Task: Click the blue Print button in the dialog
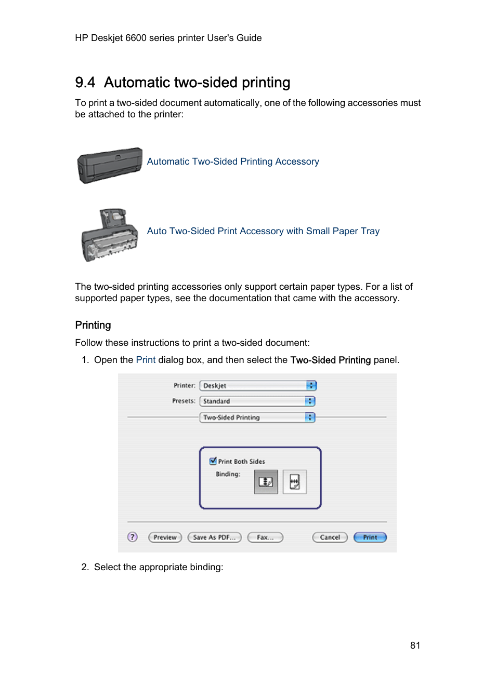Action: click(370, 537)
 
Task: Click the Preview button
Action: click(165, 537)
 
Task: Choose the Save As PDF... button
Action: click(214, 537)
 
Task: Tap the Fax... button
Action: click(265, 537)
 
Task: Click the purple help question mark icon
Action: click(133, 537)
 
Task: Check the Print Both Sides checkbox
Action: click(213, 461)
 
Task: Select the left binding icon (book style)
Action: click(266, 482)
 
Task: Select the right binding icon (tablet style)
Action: click(294, 482)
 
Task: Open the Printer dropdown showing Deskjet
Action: click(258, 386)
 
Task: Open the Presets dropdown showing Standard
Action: click(257, 401)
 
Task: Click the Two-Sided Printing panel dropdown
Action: click(257, 418)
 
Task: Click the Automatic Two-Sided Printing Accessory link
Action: click(233, 162)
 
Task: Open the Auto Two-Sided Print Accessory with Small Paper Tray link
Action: click(263, 231)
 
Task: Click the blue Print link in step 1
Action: click(146, 360)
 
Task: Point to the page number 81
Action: click(415, 645)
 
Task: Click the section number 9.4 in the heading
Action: click(85, 83)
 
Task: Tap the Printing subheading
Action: click(93, 325)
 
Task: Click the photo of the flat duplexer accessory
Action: click(110, 165)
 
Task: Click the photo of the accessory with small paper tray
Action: click(110, 235)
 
